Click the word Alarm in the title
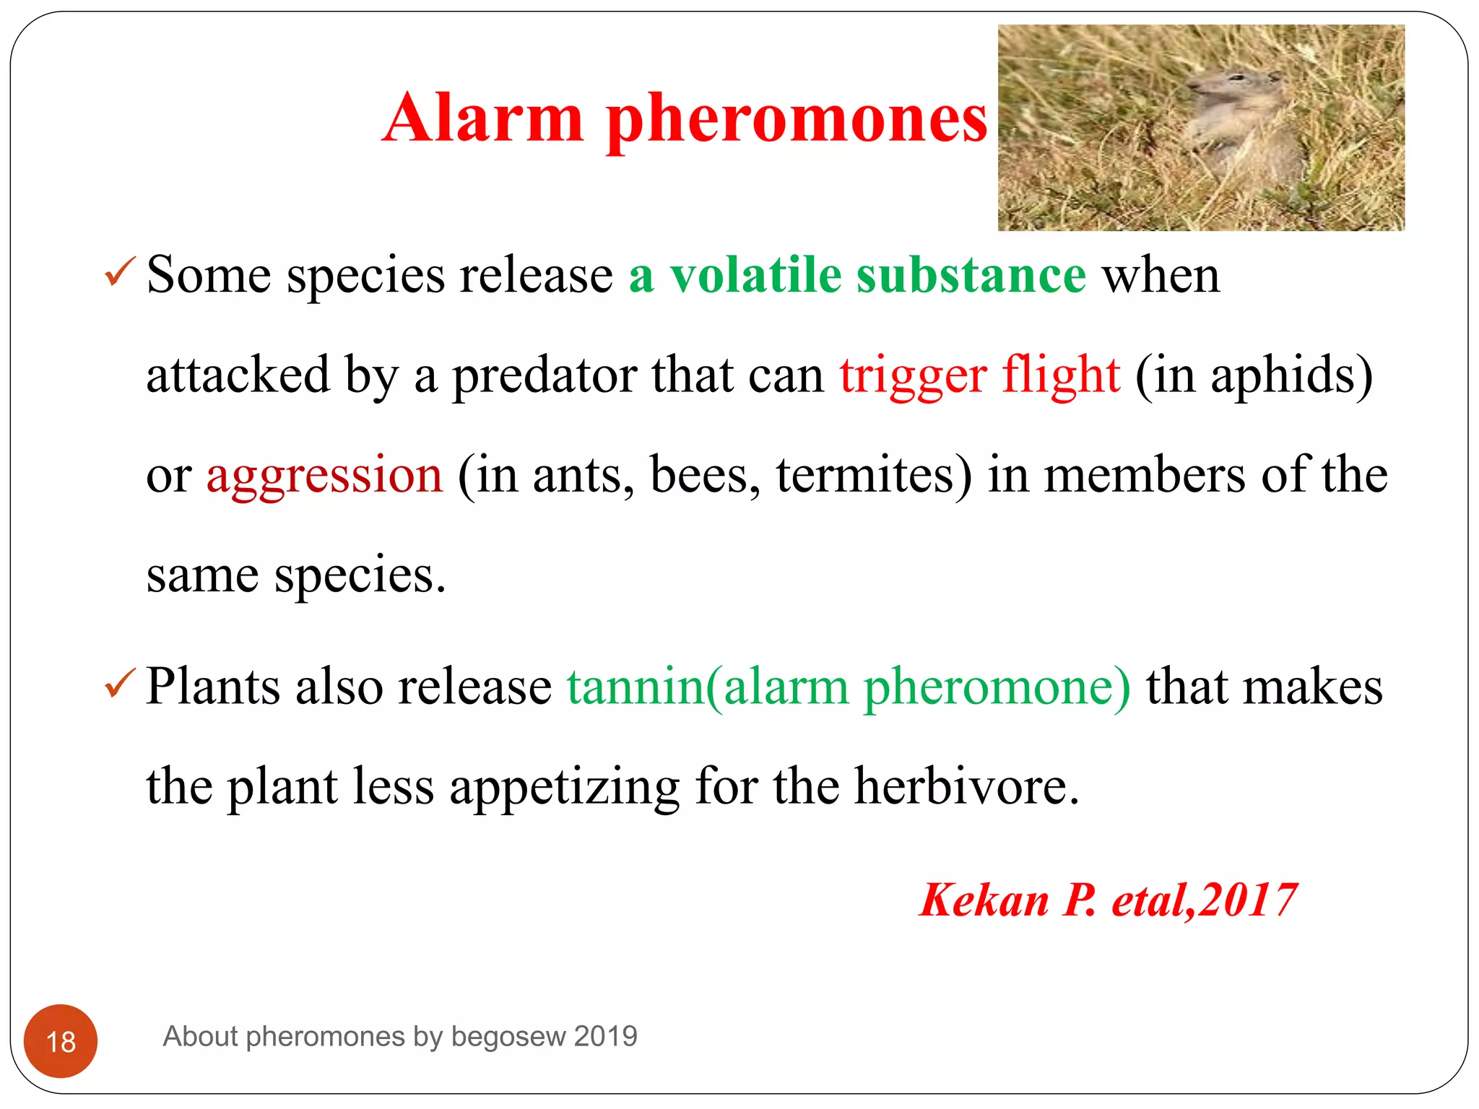click(482, 119)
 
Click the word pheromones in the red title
click(797, 119)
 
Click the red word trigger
click(912, 375)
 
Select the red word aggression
click(324, 477)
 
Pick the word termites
click(872, 475)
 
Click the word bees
click(704, 475)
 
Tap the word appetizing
click(564, 787)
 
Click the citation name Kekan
click(984, 900)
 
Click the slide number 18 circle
click(61, 1041)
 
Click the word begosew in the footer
click(508, 1037)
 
